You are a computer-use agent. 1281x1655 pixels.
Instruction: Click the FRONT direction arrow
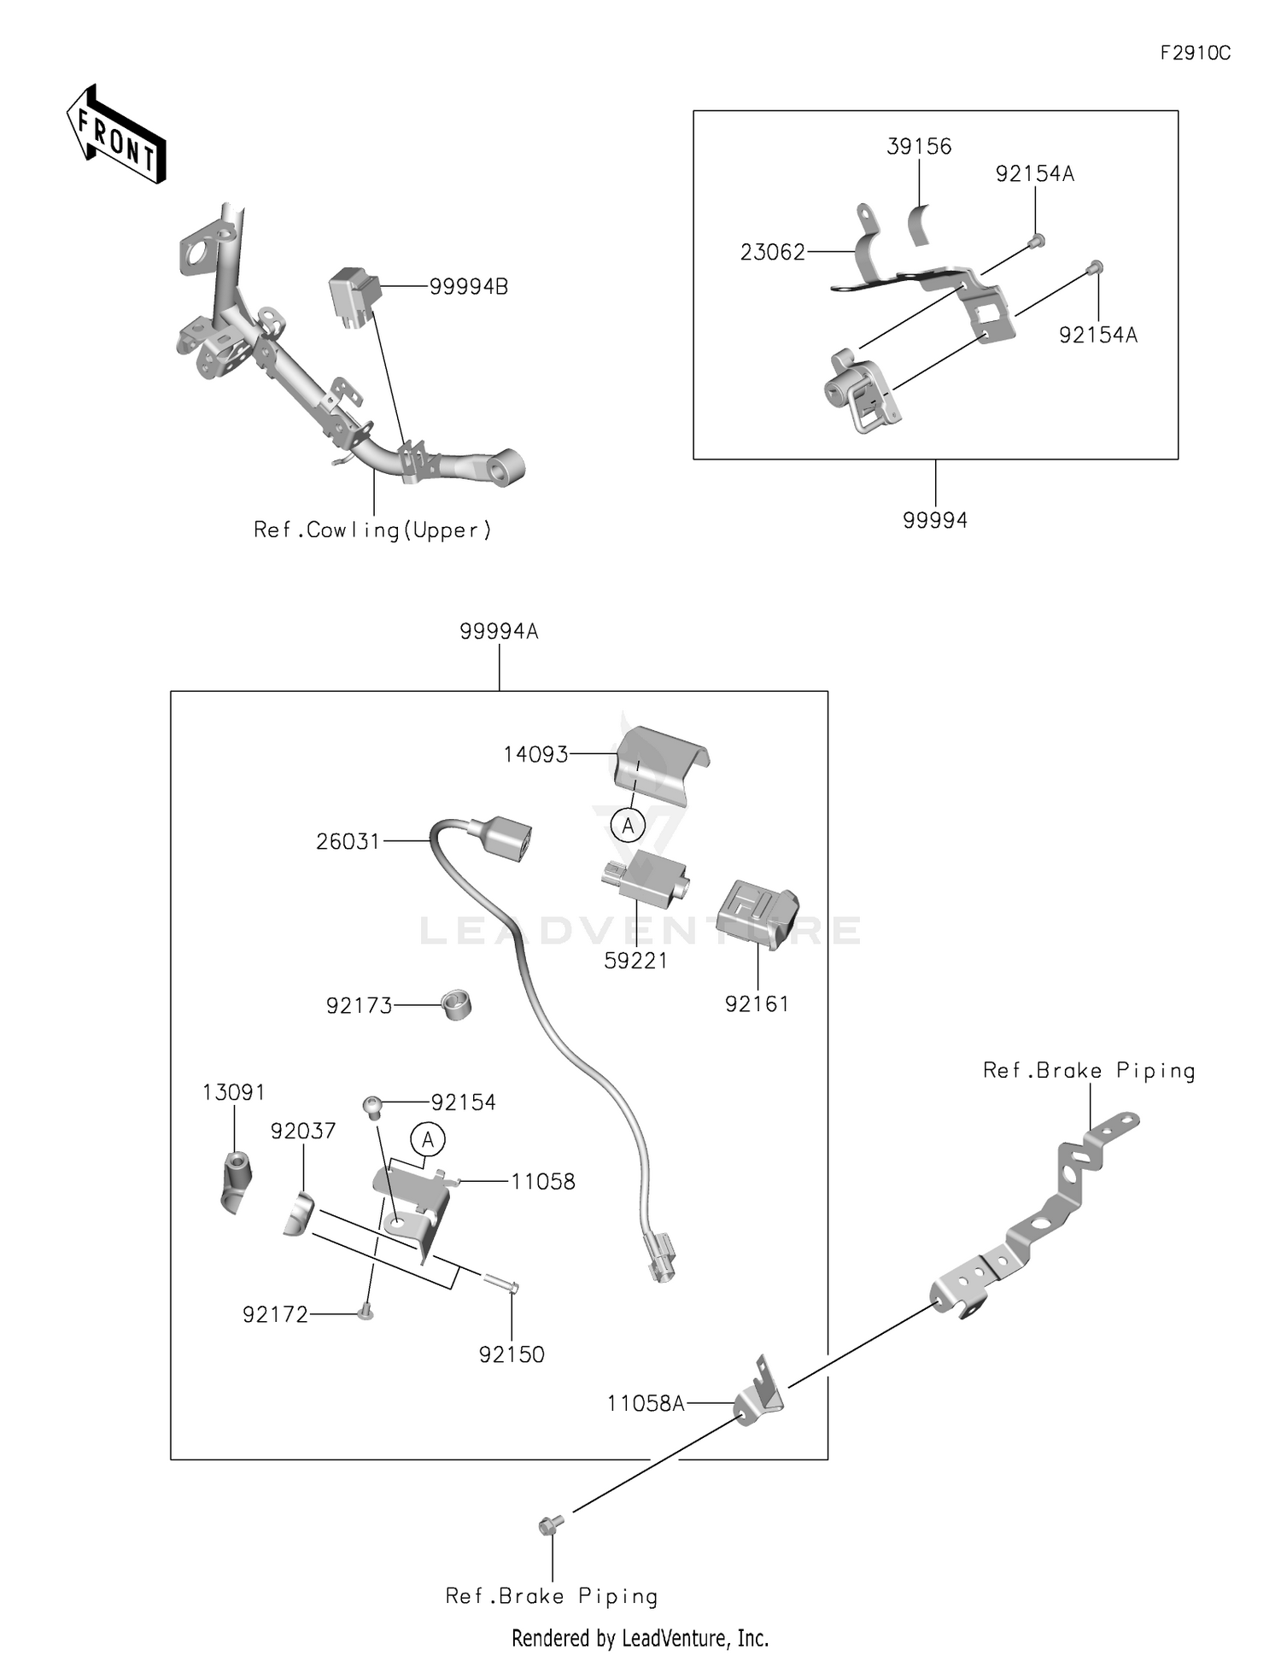[x=117, y=135]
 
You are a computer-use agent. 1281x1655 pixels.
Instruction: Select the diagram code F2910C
[x=1195, y=53]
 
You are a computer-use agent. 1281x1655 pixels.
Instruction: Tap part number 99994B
[x=468, y=288]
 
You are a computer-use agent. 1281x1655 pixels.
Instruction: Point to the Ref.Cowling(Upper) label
[x=373, y=530]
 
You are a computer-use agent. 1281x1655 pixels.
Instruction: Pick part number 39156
[x=919, y=147]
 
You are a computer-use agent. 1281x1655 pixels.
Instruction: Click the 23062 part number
[x=772, y=253]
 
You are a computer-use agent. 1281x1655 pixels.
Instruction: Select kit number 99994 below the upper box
[x=935, y=520]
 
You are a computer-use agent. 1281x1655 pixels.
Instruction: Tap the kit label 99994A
[x=499, y=632]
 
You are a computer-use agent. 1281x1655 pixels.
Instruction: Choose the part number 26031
[x=348, y=842]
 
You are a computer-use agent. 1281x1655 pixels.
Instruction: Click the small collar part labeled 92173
[x=457, y=1005]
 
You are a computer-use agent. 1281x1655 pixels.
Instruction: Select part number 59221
[x=635, y=961]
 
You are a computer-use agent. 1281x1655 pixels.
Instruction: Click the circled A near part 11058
[x=428, y=1139]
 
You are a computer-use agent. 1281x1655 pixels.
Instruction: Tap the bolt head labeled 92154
[x=372, y=1106]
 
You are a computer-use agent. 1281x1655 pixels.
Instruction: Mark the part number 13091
[x=233, y=1093]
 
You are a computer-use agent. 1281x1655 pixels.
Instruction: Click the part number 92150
[x=512, y=1354]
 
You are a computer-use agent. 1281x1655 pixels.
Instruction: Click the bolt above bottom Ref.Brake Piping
[x=550, y=1524]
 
